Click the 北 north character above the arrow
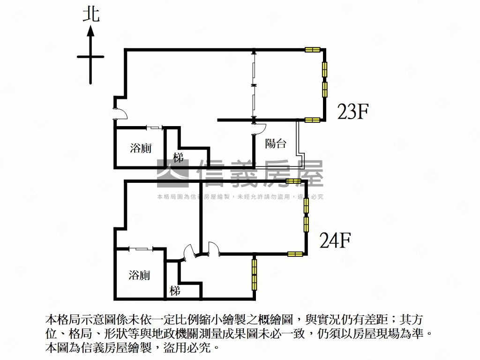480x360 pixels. coord(91,14)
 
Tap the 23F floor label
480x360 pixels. coord(354,112)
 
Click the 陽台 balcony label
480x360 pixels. coord(276,144)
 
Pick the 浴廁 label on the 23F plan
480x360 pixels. coord(141,149)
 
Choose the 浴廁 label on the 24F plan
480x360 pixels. coord(139,275)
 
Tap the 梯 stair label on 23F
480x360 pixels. coord(178,158)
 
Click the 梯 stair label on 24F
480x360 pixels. coord(175,291)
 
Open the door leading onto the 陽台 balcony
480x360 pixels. coord(259,128)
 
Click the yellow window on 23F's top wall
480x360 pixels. coord(312,50)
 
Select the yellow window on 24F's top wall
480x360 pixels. coord(293,181)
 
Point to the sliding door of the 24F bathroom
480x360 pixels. coord(139,248)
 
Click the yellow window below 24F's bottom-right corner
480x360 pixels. coord(255,273)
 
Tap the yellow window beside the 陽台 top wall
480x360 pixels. coord(312,120)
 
